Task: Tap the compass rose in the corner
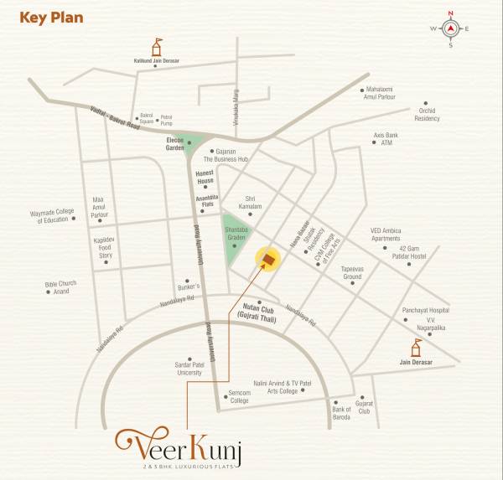(450, 29)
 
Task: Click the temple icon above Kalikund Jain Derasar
(156, 46)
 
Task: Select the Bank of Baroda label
(340, 412)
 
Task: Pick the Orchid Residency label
(427, 114)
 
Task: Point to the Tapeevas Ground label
(352, 273)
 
